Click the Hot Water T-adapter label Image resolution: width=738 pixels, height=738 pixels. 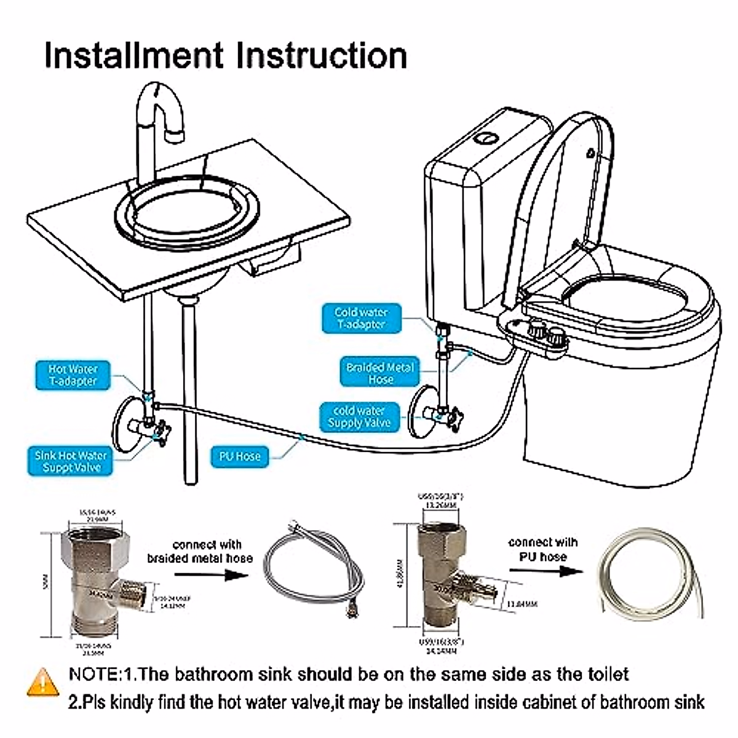(73, 375)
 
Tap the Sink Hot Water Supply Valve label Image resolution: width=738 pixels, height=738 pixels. (71, 461)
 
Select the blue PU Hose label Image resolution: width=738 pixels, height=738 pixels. (240, 456)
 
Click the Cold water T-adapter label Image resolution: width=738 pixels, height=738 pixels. (361, 319)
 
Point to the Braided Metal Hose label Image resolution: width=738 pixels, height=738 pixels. (380, 373)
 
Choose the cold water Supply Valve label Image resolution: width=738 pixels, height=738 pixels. (359, 416)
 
